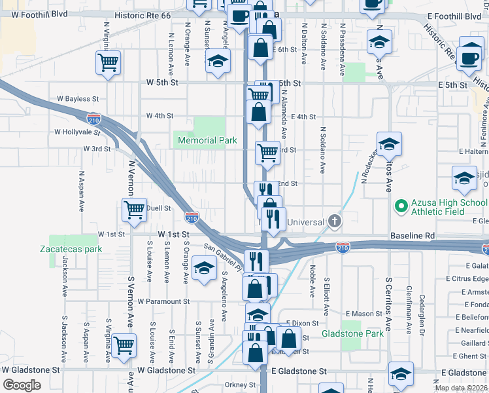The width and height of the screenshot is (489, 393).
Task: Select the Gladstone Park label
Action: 352,333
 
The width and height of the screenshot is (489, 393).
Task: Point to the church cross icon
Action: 335,221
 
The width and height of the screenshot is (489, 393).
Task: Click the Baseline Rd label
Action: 413,234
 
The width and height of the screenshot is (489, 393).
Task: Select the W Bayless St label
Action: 77,99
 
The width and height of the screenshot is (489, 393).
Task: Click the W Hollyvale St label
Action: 76,132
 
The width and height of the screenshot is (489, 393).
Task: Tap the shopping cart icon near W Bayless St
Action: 109,63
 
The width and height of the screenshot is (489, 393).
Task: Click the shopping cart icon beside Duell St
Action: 134,210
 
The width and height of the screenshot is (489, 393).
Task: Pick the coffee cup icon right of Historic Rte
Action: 470,58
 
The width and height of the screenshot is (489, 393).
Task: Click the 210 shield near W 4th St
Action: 94,118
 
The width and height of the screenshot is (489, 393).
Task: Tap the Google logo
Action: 22,384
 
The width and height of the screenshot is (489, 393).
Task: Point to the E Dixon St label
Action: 303,324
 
